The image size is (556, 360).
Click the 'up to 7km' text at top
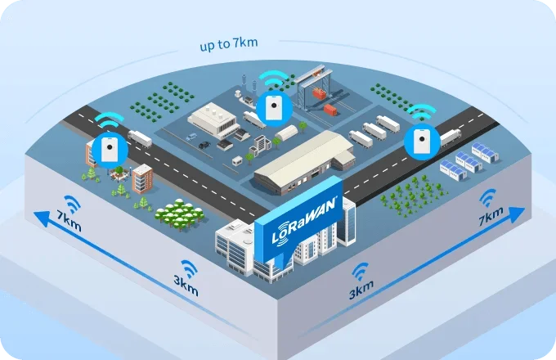229,44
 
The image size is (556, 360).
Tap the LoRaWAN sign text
303,222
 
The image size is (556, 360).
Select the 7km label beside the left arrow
69,220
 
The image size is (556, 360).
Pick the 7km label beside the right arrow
491,216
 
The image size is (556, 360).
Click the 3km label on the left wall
186,286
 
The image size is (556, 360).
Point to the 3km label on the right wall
361,290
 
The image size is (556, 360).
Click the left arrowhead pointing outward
42,218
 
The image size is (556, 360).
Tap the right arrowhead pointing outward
517,214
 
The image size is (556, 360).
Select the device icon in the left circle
110,150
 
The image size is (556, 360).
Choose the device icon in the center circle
274,106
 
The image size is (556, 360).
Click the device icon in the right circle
422,142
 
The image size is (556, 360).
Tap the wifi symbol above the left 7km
73,204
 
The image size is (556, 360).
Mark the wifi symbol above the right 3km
361,272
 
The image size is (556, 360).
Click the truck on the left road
140,138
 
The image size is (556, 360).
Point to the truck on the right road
451,137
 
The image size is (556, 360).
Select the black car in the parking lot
204,145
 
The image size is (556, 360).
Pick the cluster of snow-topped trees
179,214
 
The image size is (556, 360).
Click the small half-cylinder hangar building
286,133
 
